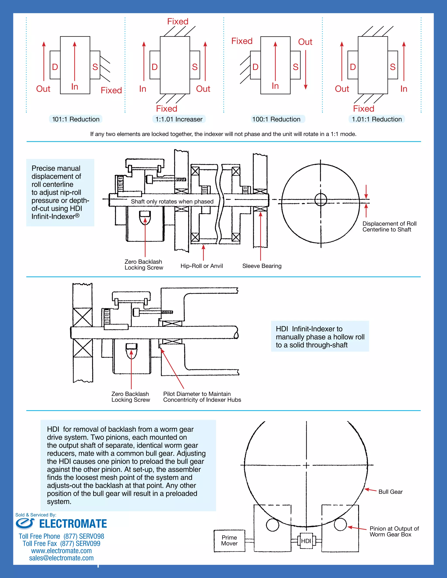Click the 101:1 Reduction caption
tap(76, 119)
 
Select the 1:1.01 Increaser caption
tap(179, 119)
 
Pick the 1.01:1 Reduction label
tap(377, 119)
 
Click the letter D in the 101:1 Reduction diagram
tap(55, 67)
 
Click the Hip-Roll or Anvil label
tap(201, 266)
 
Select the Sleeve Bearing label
tap(262, 266)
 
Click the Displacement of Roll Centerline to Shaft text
tap(389, 227)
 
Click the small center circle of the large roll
tap(321, 200)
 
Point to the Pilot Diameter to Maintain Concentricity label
tap(202, 397)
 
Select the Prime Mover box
tap(229, 540)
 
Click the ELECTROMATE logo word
tap(73, 524)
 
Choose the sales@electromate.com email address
tap(61, 558)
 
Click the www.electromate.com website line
tap(61, 551)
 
